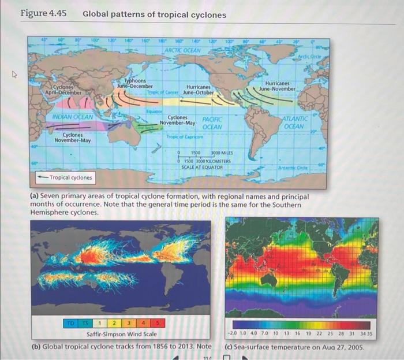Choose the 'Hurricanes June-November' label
278,87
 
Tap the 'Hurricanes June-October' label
198,90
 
